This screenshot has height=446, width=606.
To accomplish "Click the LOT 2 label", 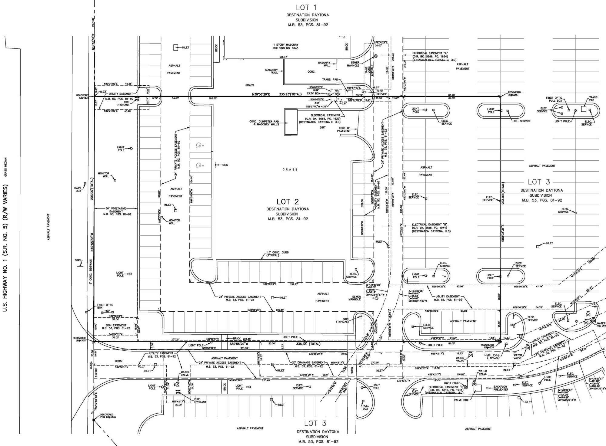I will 288,202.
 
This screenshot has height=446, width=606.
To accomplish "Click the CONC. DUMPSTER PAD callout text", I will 264,123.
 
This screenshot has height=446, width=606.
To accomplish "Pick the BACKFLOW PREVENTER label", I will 501,388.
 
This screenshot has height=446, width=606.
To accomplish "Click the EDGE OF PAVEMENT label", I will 344,130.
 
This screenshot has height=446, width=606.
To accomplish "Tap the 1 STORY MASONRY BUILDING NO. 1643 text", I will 286,46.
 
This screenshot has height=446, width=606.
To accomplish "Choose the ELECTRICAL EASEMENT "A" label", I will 434,56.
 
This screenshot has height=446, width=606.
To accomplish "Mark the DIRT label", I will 322,127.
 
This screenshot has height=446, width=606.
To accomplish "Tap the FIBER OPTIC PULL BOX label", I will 555,99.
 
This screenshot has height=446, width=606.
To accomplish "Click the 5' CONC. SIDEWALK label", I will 90,271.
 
